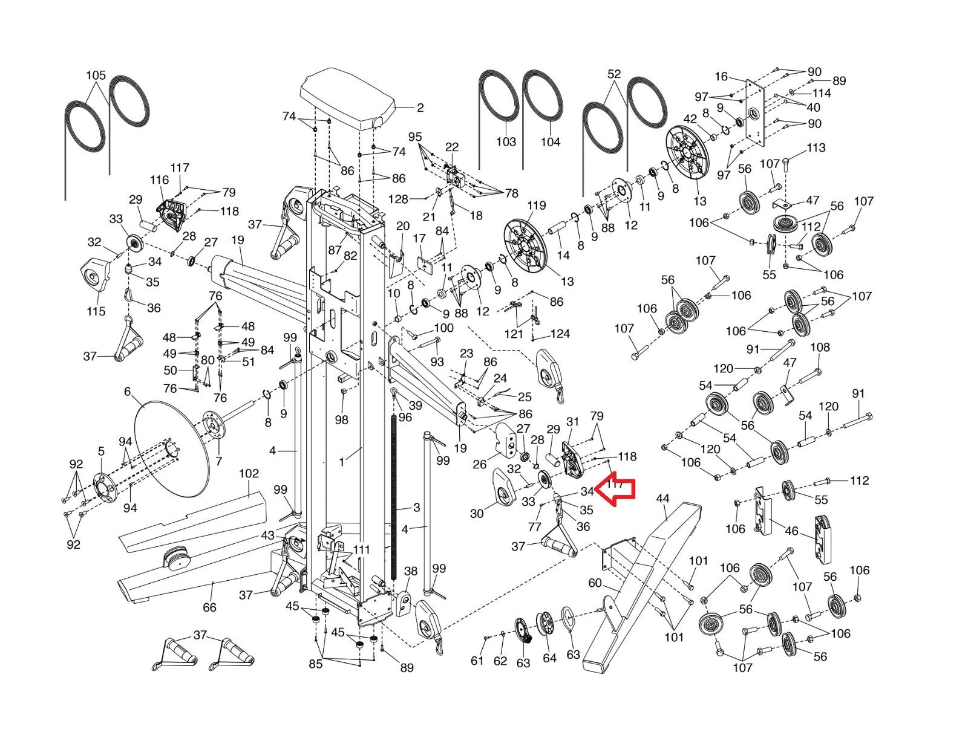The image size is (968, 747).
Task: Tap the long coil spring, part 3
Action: pyautogui.click(x=397, y=490)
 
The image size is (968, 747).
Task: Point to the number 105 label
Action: pyautogui.click(x=96, y=76)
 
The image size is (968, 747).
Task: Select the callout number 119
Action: pyautogui.click(x=536, y=206)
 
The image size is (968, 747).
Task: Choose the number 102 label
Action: pyautogui.click(x=249, y=473)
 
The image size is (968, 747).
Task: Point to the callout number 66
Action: pyautogui.click(x=209, y=607)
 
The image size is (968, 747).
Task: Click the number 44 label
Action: pyautogui.click(x=662, y=499)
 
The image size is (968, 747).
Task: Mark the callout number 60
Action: pyautogui.click(x=595, y=583)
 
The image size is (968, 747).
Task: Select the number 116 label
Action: pyautogui.click(x=160, y=180)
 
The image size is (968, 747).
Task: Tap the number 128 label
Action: pyautogui.click(x=398, y=199)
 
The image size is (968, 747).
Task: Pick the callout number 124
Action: pyautogui.click(x=560, y=334)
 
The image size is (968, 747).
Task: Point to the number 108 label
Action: pyautogui.click(x=820, y=348)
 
